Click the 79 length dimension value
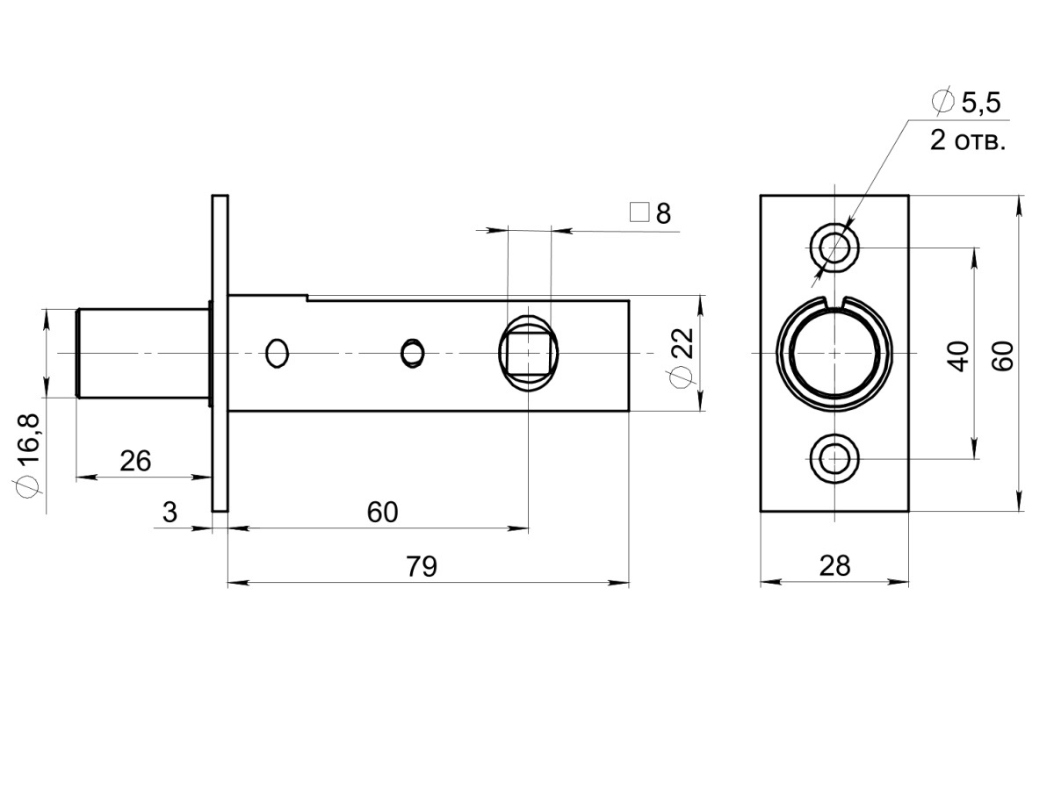pos(422,566)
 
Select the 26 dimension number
pos(135,461)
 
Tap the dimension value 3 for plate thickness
pos(170,513)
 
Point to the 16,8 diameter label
pos(29,440)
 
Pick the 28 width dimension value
pos(834,566)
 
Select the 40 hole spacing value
pos(958,356)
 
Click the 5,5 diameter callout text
pos(980,103)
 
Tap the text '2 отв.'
pos(967,141)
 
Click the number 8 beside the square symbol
pos(663,213)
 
